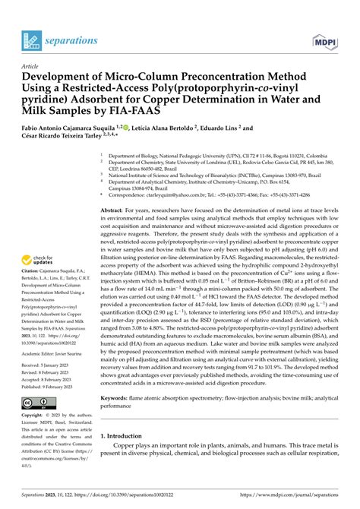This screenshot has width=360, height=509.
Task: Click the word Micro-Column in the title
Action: coord(145,78)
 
